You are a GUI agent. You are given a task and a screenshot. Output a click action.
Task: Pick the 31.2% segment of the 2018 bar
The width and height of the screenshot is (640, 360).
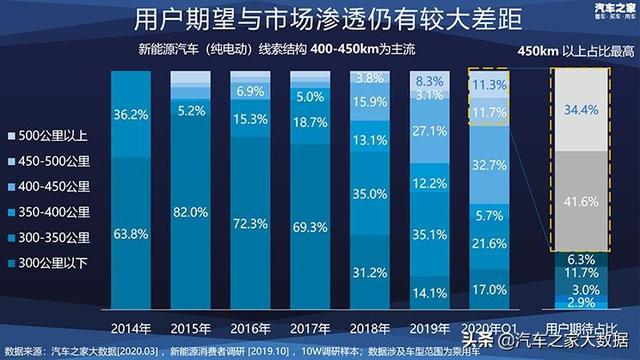(x=370, y=272)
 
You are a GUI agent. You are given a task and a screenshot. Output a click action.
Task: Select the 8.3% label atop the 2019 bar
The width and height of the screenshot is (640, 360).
(x=429, y=81)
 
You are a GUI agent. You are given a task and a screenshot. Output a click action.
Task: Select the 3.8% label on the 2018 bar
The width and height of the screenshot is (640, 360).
(x=370, y=78)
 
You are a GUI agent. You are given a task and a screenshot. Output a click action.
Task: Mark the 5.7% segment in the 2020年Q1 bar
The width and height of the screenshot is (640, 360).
(x=488, y=215)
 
